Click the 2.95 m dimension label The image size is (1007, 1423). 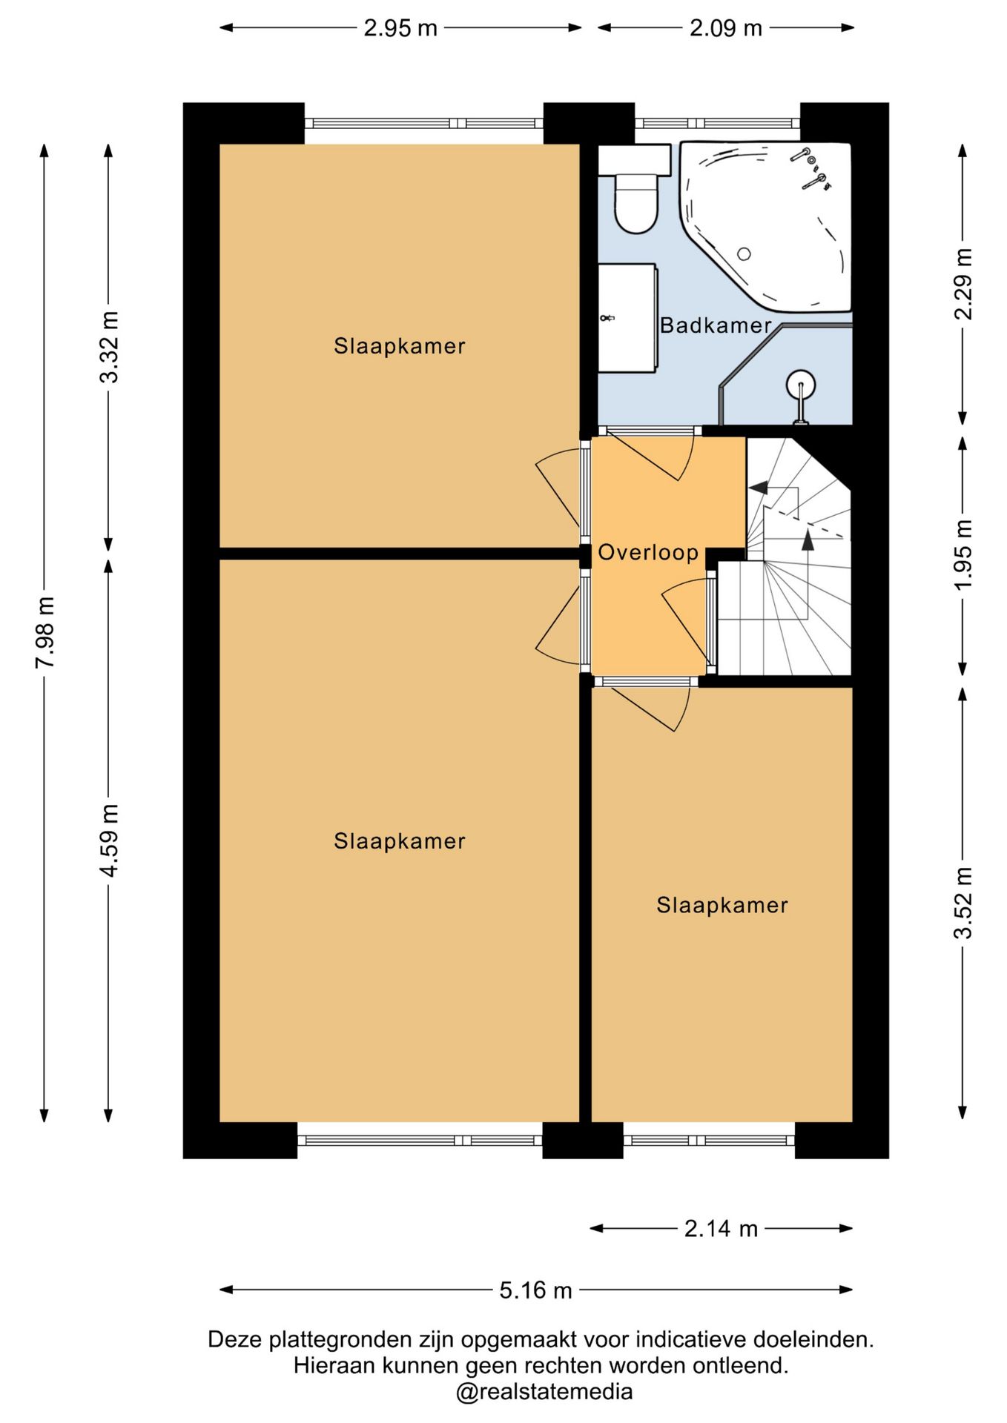click(400, 28)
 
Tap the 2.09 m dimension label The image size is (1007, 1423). click(726, 28)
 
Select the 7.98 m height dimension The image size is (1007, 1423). click(45, 632)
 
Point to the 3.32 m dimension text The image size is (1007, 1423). click(109, 347)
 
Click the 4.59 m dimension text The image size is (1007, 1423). click(109, 840)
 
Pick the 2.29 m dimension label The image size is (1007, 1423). click(963, 283)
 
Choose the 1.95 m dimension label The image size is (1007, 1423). click(963, 555)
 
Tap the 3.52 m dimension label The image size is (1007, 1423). click(963, 903)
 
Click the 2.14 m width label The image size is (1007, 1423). click(721, 1229)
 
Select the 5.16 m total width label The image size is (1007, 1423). click(535, 1290)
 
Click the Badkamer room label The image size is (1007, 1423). click(716, 325)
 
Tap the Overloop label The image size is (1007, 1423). click(648, 552)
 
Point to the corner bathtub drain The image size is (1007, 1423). click(744, 254)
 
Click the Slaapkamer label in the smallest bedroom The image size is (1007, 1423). click(722, 905)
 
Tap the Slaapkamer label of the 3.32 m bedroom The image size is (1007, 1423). click(400, 346)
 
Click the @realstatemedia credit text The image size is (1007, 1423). click(544, 1392)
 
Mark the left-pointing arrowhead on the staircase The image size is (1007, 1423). click(758, 488)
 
